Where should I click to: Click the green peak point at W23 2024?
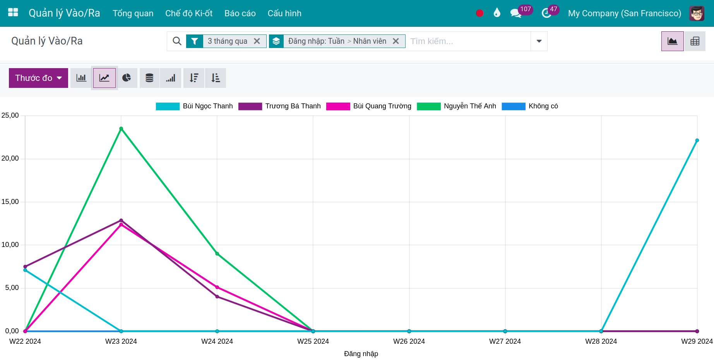click(121, 129)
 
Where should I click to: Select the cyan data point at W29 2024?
click(697, 141)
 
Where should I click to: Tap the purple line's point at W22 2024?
click(25, 267)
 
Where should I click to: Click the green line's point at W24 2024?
click(217, 254)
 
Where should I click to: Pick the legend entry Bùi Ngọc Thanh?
click(194, 106)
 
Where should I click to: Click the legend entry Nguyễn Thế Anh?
click(456, 106)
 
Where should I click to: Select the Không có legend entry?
click(530, 106)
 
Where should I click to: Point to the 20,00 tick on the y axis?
click(10, 158)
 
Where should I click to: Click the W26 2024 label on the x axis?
click(409, 341)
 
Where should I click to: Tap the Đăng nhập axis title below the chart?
click(361, 354)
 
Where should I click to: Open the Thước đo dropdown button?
click(38, 78)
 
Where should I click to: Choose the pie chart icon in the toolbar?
click(127, 78)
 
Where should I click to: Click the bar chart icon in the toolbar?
click(81, 78)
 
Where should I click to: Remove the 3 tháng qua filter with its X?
click(257, 41)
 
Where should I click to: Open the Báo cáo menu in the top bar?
click(240, 13)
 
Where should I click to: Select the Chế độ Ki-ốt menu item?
click(189, 13)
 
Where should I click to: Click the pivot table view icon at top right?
click(695, 41)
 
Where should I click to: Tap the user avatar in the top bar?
click(697, 13)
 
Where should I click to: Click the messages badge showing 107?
click(525, 10)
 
